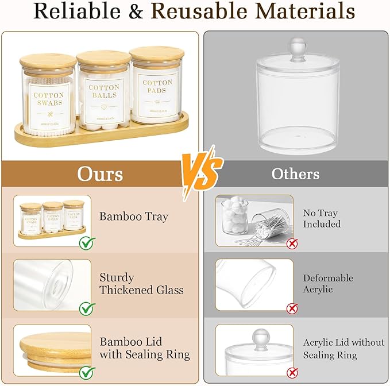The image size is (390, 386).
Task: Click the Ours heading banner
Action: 100,173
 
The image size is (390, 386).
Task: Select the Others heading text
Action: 295,173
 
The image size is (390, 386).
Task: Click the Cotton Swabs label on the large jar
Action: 49,99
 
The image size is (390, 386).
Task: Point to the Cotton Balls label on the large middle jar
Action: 104,91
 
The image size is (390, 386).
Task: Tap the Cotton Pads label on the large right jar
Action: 157,87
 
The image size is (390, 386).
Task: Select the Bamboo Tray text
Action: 134,217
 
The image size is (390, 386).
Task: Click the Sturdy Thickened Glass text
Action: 141,284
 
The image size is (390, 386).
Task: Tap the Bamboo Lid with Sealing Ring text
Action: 144,348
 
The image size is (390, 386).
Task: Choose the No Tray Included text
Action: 322,218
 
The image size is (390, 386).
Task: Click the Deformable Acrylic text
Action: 328,284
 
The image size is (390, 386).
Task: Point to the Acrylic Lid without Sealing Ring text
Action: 343,348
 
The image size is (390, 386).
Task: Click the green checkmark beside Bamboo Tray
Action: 87,244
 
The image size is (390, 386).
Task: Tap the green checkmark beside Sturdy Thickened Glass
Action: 87,308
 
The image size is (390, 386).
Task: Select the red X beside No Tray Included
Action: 292,244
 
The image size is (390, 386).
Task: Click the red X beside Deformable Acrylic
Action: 292,308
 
